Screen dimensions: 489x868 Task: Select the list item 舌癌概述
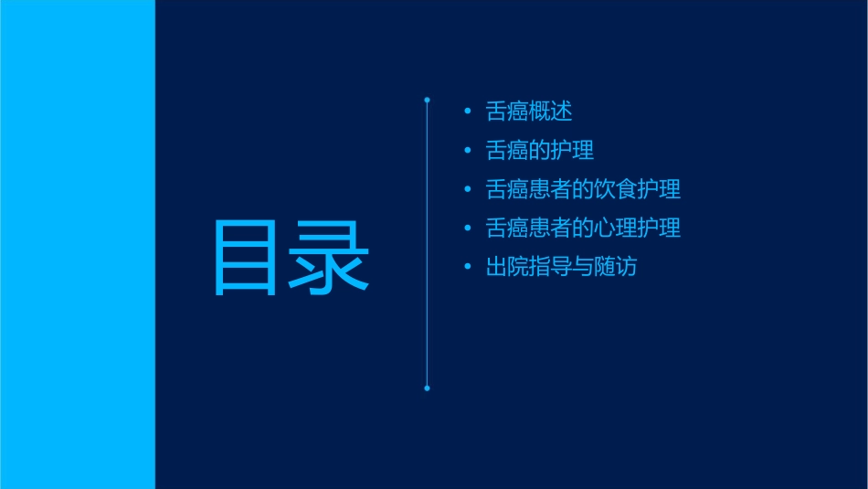click(x=529, y=112)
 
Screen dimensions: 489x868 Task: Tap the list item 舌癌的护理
click(x=540, y=150)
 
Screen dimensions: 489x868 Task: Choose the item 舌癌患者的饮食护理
click(x=583, y=189)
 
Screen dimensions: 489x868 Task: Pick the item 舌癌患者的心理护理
click(x=583, y=228)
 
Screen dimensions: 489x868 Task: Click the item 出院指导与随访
click(x=561, y=267)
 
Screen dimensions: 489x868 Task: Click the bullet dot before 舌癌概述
click(x=468, y=112)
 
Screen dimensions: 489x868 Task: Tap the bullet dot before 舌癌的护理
click(x=468, y=151)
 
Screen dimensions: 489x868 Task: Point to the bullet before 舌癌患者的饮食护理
click(x=468, y=190)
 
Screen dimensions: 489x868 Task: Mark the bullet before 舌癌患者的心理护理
click(x=468, y=229)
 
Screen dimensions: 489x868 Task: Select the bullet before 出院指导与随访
click(x=468, y=268)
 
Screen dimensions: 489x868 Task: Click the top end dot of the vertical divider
click(x=427, y=99)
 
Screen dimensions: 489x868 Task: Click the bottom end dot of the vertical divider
click(x=427, y=388)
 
